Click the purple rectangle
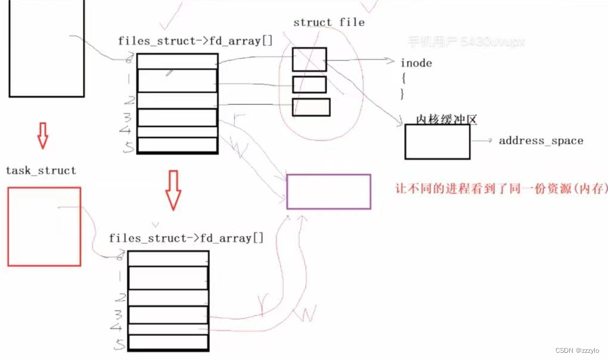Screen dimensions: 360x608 pos(328,191)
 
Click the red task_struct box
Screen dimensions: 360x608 pos(44,226)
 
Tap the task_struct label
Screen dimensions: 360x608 pos(41,170)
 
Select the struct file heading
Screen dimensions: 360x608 pos(328,23)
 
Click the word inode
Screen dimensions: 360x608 pos(416,63)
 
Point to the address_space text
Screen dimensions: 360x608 pos(541,141)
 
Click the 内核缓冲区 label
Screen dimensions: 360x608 pos(447,120)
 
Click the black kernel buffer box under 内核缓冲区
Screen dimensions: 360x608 pos(438,142)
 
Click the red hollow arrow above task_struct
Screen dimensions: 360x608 pos(42,136)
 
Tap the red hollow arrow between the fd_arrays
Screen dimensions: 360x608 pos(173,190)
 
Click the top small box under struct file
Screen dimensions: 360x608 pos(309,59)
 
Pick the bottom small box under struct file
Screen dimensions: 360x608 pos(311,107)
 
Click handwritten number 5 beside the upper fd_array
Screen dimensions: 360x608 pos(128,147)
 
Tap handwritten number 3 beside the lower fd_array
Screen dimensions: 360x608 pos(119,314)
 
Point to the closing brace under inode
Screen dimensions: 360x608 pos(402,93)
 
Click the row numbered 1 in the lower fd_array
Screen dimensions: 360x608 pos(168,277)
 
